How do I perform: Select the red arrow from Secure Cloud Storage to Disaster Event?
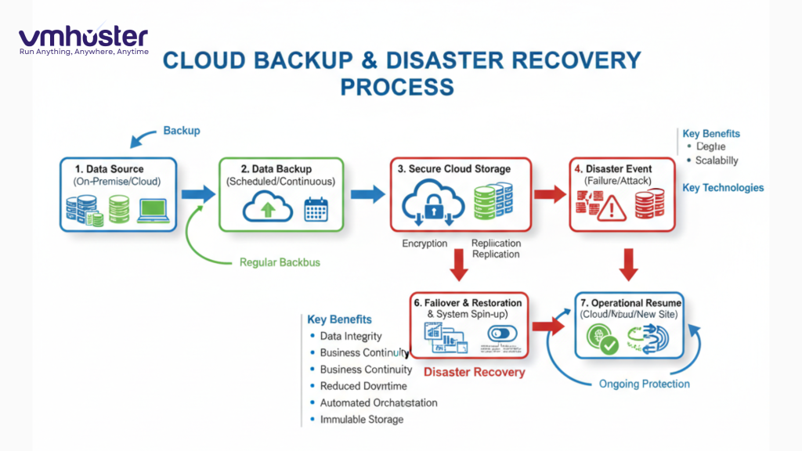tap(549, 194)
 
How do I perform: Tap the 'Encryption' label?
tap(424, 244)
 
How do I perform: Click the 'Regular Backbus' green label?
tap(280, 262)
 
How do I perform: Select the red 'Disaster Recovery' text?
tap(474, 372)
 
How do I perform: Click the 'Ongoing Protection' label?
tap(644, 384)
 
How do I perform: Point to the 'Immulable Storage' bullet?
tap(362, 420)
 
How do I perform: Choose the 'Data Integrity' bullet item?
tap(351, 336)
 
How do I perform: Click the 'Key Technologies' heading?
tap(723, 188)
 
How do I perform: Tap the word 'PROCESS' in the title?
tap(396, 86)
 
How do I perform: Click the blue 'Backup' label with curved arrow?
tap(181, 131)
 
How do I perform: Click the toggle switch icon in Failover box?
tap(501, 334)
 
